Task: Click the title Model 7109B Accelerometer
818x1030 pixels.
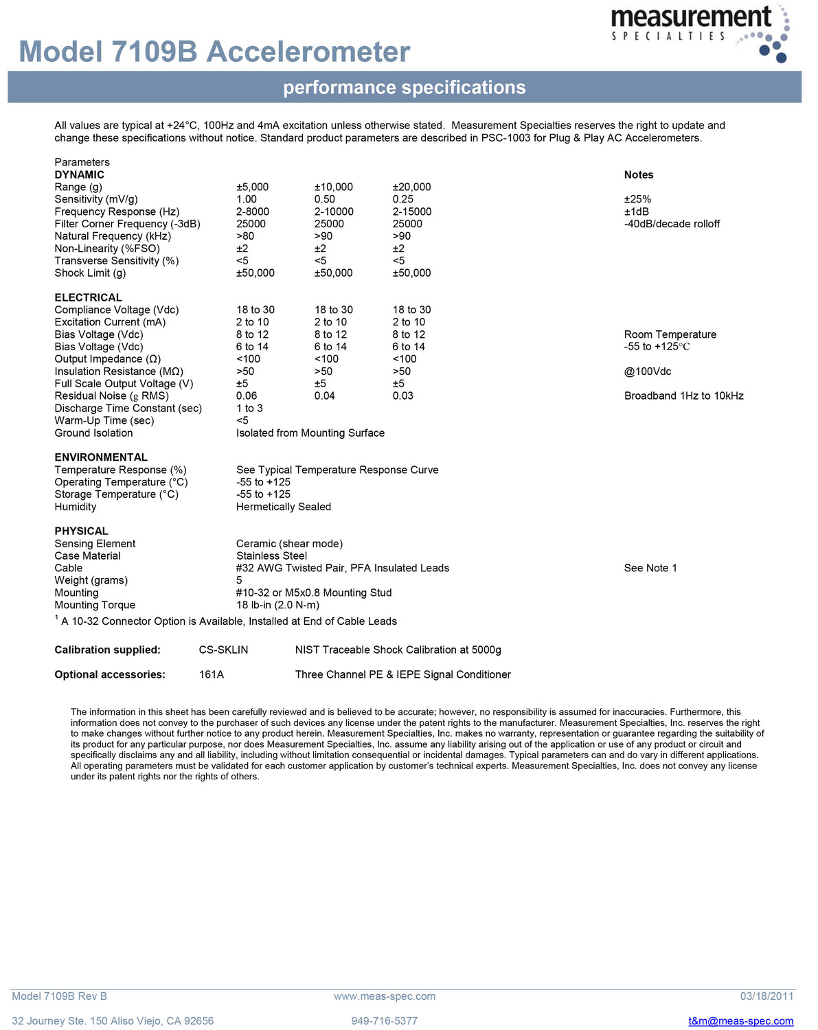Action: (214, 52)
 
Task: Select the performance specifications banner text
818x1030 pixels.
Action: (405, 88)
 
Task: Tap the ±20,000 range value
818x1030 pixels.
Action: (411, 187)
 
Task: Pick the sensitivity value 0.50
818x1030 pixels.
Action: (325, 199)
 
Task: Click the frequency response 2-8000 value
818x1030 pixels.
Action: (253, 211)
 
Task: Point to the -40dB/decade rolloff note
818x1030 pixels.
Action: (672, 224)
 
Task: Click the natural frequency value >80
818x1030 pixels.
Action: (246, 236)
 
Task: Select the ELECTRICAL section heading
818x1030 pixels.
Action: (88, 297)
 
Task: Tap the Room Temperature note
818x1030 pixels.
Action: (670, 334)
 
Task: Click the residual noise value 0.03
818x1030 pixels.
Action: (403, 396)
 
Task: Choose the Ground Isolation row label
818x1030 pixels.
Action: (93, 433)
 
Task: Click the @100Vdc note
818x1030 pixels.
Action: (647, 371)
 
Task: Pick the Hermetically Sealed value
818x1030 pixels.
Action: (284, 507)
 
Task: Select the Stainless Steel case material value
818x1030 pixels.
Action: (271, 556)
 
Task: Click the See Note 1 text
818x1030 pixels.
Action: (650, 568)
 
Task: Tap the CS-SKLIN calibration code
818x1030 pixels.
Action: (223, 650)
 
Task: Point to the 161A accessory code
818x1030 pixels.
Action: (212, 674)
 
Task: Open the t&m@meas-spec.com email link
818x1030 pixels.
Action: (740, 1021)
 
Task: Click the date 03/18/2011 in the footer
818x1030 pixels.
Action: (766, 996)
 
